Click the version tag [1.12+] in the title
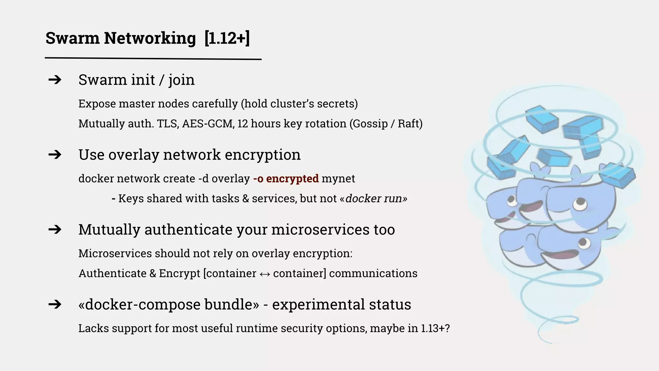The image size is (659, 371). (x=227, y=38)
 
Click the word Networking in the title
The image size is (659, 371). (x=150, y=38)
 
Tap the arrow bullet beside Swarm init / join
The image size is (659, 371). (x=55, y=80)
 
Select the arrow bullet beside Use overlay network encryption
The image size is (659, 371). (x=55, y=155)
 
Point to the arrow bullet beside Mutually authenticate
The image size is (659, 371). (x=55, y=230)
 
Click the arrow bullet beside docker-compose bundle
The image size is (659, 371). (x=55, y=304)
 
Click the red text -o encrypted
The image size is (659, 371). (x=286, y=178)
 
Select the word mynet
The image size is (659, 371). (x=338, y=178)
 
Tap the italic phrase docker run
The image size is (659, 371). (x=374, y=198)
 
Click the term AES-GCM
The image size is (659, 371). (x=208, y=124)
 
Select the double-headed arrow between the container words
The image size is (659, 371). (x=265, y=274)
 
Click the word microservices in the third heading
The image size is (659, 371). (x=320, y=230)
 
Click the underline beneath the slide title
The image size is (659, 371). (x=153, y=59)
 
